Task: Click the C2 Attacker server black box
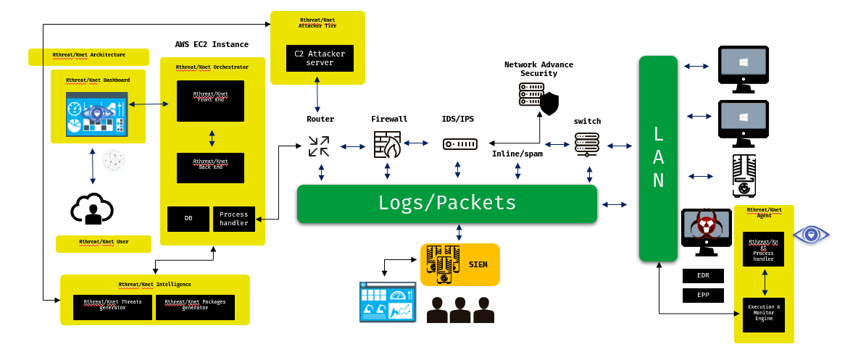coord(320,58)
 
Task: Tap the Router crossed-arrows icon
coord(319,146)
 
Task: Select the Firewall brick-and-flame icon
coord(388,145)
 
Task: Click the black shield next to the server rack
coord(550,104)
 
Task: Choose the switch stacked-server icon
coord(587,144)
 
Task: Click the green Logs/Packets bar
coord(446,204)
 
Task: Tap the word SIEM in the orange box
coord(478,264)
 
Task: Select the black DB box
coord(188,219)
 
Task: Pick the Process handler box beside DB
coord(234,219)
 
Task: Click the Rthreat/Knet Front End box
coord(210,101)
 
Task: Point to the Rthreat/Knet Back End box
coord(210,167)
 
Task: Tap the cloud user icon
coord(92,209)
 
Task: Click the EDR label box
coord(703,276)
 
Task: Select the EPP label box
coord(703,295)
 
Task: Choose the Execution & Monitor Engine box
coord(764,314)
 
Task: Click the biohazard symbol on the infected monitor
coord(705,225)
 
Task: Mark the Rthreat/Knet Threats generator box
coord(112,307)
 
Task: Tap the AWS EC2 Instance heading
coord(212,45)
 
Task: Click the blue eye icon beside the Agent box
coord(811,235)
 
